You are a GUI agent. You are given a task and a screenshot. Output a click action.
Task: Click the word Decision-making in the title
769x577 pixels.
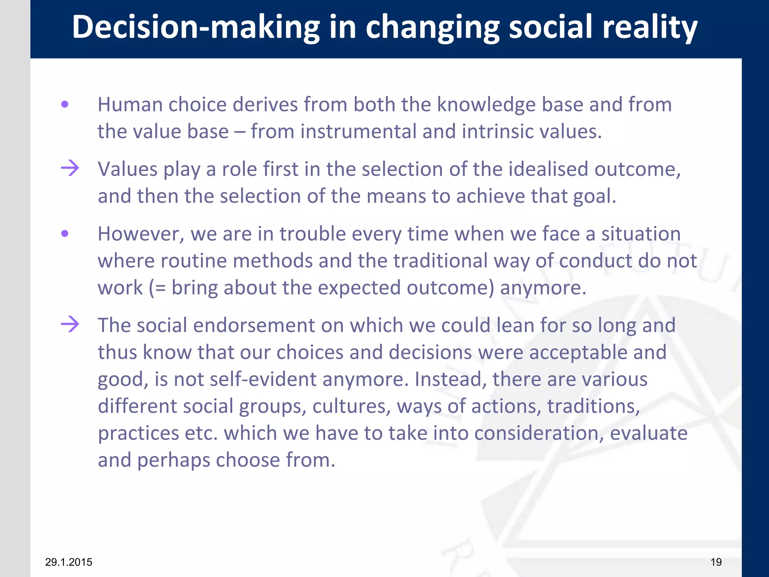[x=195, y=27]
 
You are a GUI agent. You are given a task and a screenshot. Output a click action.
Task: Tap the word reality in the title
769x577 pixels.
[x=650, y=27]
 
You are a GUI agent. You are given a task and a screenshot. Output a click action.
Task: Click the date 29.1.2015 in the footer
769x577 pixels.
[x=68, y=562]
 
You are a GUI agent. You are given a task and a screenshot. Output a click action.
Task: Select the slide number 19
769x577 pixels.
[x=716, y=562]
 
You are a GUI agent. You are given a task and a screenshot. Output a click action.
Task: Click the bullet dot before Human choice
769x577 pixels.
[x=65, y=104]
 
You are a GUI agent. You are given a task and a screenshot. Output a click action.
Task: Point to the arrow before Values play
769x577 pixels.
[x=70, y=168]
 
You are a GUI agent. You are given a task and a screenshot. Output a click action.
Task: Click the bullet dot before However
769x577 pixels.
[x=65, y=234]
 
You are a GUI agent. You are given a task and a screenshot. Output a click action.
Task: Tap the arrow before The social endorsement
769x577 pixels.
[x=70, y=324]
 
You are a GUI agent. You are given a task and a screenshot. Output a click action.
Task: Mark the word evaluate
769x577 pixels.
[x=648, y=433]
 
